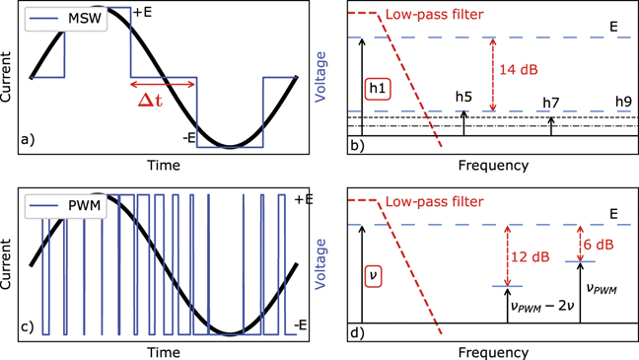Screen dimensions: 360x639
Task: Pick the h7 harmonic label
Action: pyautogui.click(x=550, y=103)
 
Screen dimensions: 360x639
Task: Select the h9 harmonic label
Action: pyautogui.click(x=622, y=102)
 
